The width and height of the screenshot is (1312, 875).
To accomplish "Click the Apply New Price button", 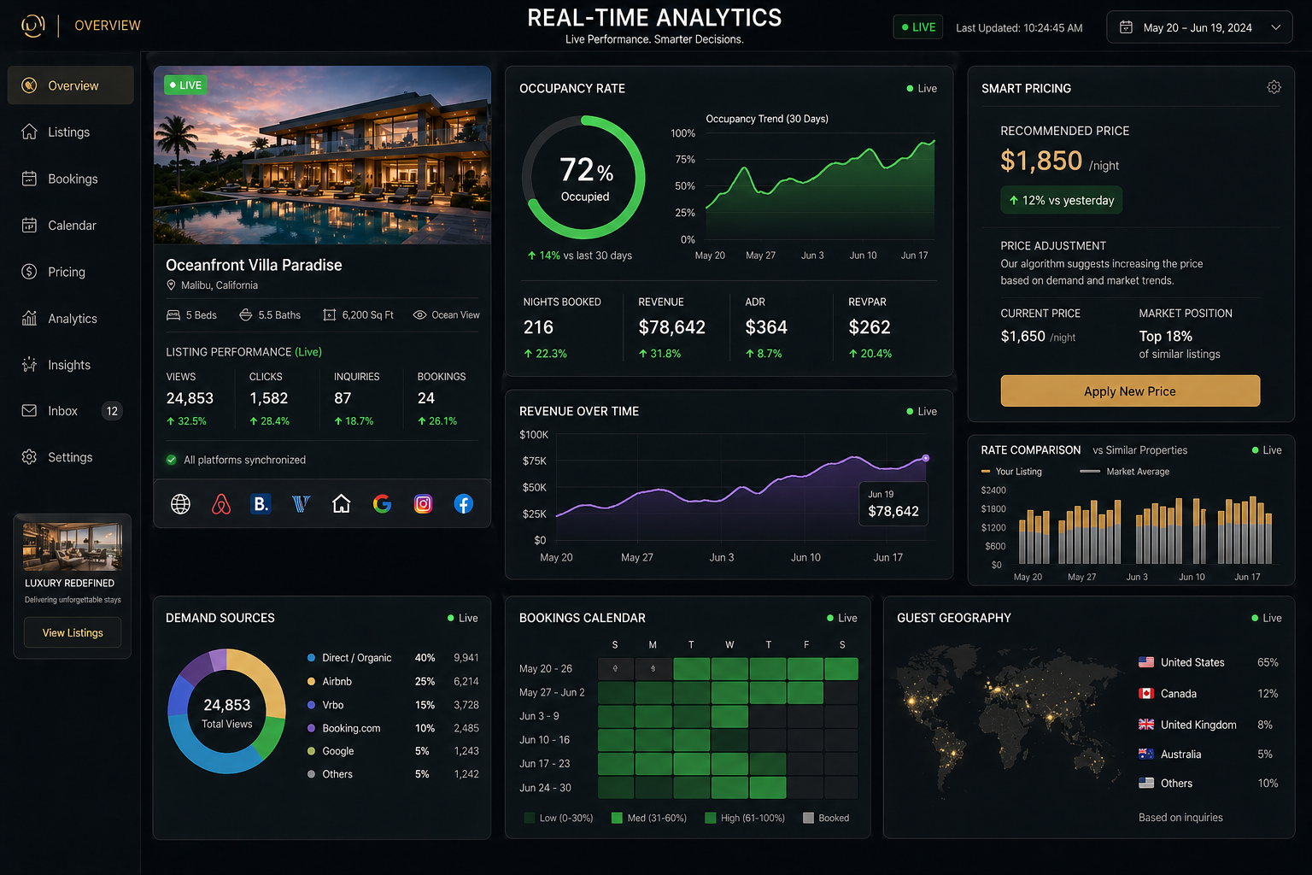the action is pos(1130,391).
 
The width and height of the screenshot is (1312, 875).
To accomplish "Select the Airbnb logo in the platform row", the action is pos(221,504).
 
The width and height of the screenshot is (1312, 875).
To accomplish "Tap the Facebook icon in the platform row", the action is pos(463,504).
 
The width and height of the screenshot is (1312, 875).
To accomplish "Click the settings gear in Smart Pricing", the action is pos(1274,87).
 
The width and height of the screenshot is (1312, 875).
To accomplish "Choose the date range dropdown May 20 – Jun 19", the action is pos(1199,27).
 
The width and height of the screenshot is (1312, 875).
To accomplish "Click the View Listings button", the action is pos(73,632).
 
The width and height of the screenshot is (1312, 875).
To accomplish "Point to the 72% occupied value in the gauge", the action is pos(586,170).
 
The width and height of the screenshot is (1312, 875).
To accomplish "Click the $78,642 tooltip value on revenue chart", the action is pos(893,511).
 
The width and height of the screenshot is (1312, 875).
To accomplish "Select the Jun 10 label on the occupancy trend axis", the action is pos(863,255).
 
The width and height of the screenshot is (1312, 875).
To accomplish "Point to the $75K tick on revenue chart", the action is pos(534,461).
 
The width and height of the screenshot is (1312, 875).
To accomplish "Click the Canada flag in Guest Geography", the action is pos(1145,693).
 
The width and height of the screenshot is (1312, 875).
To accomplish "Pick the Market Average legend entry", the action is pos(1124,472).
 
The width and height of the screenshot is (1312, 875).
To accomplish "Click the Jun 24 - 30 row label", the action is pos(545,788).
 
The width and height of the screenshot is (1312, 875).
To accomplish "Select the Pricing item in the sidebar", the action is pos(66,272).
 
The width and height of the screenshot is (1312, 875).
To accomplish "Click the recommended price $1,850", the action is pos(1041,161).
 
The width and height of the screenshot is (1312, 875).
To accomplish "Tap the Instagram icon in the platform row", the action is pos(423,504).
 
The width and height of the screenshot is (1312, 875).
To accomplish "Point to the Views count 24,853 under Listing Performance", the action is pos(190,398).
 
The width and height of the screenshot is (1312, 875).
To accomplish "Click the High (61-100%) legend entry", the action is pos(745,818).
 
